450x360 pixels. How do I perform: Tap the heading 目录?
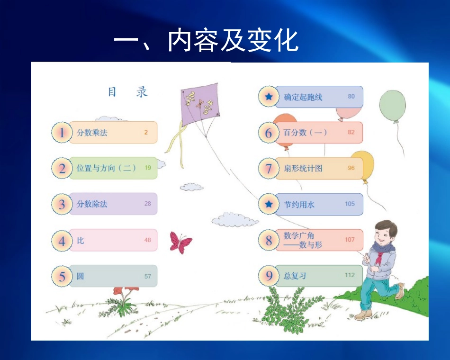(127, 91)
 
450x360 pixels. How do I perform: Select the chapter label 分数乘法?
(92, 133)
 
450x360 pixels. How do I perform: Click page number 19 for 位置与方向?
(148, 168)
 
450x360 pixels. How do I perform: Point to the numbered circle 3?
(62, 204)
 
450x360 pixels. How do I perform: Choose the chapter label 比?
(81, 241)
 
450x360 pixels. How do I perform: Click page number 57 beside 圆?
(148, 276)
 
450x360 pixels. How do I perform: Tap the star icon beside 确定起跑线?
(269, 97)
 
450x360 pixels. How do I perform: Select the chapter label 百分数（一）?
(306, 133)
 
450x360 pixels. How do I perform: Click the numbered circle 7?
(269, 169)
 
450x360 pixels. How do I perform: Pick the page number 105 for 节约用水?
(350, 204)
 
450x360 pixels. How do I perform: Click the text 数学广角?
(299, 235)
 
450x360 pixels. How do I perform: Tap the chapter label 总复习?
(295, 276)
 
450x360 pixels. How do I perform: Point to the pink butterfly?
(180, 243)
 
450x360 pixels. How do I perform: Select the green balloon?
(393, 105)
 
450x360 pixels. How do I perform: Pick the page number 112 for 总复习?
(350, 275)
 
